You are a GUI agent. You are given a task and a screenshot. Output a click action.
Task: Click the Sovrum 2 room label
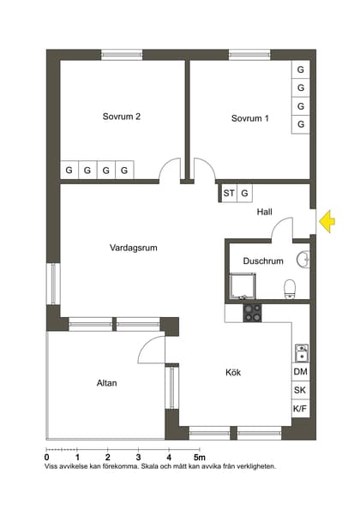coord(121,117)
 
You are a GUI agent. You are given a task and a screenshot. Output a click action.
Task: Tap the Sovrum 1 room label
coord(249,118)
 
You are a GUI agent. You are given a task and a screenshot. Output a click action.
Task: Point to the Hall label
coord(264,212)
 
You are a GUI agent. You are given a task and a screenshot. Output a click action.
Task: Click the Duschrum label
coord(263,260)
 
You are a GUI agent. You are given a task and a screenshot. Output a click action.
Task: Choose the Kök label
coord(234,373)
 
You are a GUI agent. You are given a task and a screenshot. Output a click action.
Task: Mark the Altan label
coord(106,383)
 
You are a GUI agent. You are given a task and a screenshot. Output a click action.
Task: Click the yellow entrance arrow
coord(326,223)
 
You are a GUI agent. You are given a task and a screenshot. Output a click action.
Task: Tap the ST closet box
coord(229,194)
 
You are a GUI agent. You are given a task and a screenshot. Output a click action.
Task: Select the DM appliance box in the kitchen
coord(300,371)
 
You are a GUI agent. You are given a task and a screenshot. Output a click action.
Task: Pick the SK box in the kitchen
coord(300,390)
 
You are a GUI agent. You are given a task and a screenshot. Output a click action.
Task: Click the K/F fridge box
coord(300,409)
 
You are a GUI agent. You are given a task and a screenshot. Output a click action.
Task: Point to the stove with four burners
coord(252,313)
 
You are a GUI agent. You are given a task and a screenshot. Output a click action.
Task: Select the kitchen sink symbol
coord(301,352)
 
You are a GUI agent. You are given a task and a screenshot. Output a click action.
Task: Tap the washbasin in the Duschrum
coord(303,259)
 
